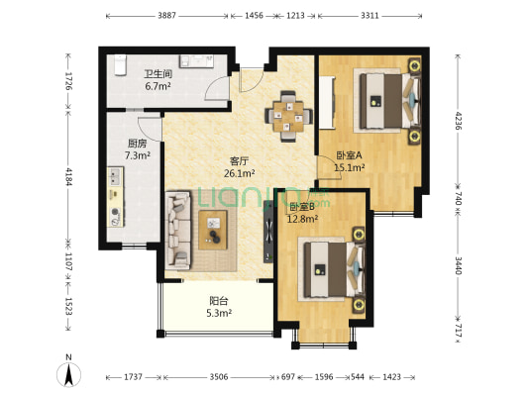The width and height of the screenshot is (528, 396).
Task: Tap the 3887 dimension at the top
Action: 167,16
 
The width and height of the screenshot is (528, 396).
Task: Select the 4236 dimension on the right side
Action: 458,121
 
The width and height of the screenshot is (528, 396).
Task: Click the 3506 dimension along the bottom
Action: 219,377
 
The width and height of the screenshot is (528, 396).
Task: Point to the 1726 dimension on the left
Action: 68,81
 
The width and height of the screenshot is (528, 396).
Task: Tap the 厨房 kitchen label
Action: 138,144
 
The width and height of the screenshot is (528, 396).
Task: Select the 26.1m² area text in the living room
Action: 239,173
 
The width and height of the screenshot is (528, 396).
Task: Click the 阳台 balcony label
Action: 219,300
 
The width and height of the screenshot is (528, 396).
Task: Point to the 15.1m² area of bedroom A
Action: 350,167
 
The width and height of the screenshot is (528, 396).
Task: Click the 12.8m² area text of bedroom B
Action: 303,219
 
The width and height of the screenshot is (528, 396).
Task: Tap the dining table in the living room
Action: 288,116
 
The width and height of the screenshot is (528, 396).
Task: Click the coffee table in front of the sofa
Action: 213,230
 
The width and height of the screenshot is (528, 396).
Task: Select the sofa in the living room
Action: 178,231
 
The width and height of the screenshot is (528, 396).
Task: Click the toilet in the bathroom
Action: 120,65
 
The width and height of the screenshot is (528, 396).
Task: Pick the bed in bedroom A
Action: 390,101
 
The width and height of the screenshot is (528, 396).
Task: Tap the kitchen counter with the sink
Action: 116,197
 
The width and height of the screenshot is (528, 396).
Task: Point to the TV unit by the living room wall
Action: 268,231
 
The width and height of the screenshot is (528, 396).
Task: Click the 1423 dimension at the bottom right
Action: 392,377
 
